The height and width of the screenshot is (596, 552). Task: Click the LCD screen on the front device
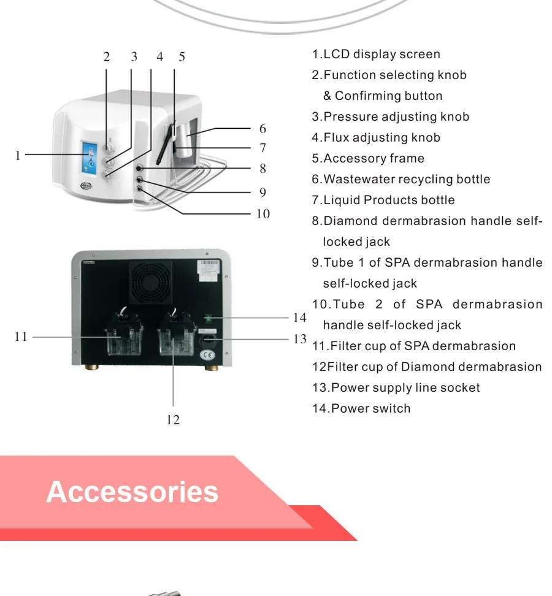[x=89, y=156]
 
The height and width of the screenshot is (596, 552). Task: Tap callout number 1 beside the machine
[x=18, y=156]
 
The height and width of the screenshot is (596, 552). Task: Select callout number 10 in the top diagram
[x=263, y=214]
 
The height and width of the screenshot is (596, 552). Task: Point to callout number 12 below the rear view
[x=173, y=419]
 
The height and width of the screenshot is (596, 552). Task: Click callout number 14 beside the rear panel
[x=299, y=318]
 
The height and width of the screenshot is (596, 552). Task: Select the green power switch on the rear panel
[x=209, y=318]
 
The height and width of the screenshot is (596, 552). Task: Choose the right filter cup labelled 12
[x=175, y=338]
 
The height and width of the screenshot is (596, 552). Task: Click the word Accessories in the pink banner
[x=132, y=492]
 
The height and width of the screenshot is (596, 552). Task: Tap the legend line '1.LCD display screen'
[x=376, y=55]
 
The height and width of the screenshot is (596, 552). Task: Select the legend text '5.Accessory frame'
[x=368, y=159]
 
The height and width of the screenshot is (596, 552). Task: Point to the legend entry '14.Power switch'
[x=361, y=409]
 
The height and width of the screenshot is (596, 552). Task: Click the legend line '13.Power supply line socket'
[x=396, y=388]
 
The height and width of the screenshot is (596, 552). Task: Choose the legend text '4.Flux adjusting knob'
[x=376, y=138]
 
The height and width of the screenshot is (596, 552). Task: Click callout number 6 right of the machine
[x=263, y=129]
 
